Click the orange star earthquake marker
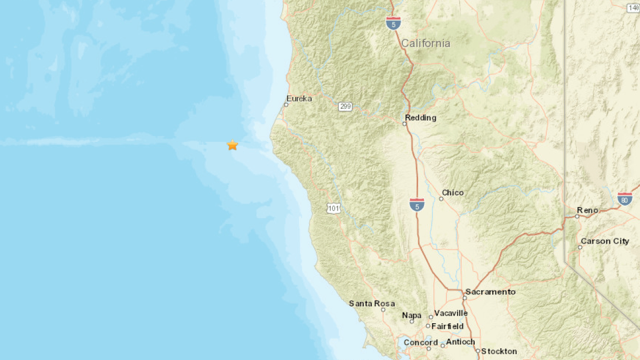232,145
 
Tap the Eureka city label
299,99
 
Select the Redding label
420,118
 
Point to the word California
426,43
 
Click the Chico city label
453,193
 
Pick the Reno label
587,210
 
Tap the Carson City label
605,241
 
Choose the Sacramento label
490,292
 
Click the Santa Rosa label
372,303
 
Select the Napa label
412,315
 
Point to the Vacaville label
451,313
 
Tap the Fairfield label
447,326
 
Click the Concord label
421,342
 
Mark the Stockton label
499,351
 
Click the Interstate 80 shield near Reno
625,198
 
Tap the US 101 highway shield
334,208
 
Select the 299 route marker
345,107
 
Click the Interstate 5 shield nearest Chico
417,204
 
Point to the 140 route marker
634,7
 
